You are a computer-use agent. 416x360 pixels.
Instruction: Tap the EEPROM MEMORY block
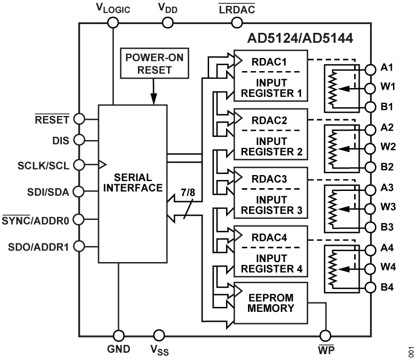(x=271, y=303)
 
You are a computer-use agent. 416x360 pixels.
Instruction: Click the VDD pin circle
(x=169, y=22)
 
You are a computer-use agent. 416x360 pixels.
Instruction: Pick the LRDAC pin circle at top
(x=237, y=22)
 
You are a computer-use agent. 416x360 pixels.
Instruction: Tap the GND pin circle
(x=118, y=334)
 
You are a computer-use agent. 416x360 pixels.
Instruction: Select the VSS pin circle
(x=159, y=334)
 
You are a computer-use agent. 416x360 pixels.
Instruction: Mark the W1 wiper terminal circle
(x=371, y=86)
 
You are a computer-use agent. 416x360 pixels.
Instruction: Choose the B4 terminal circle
(x=371, y=287)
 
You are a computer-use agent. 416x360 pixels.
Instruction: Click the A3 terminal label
(x=388, y=188)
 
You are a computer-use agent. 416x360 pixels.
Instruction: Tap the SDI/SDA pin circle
(x=79, y=191)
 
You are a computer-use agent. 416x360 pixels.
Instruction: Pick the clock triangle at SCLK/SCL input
(x=102, y=163)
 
